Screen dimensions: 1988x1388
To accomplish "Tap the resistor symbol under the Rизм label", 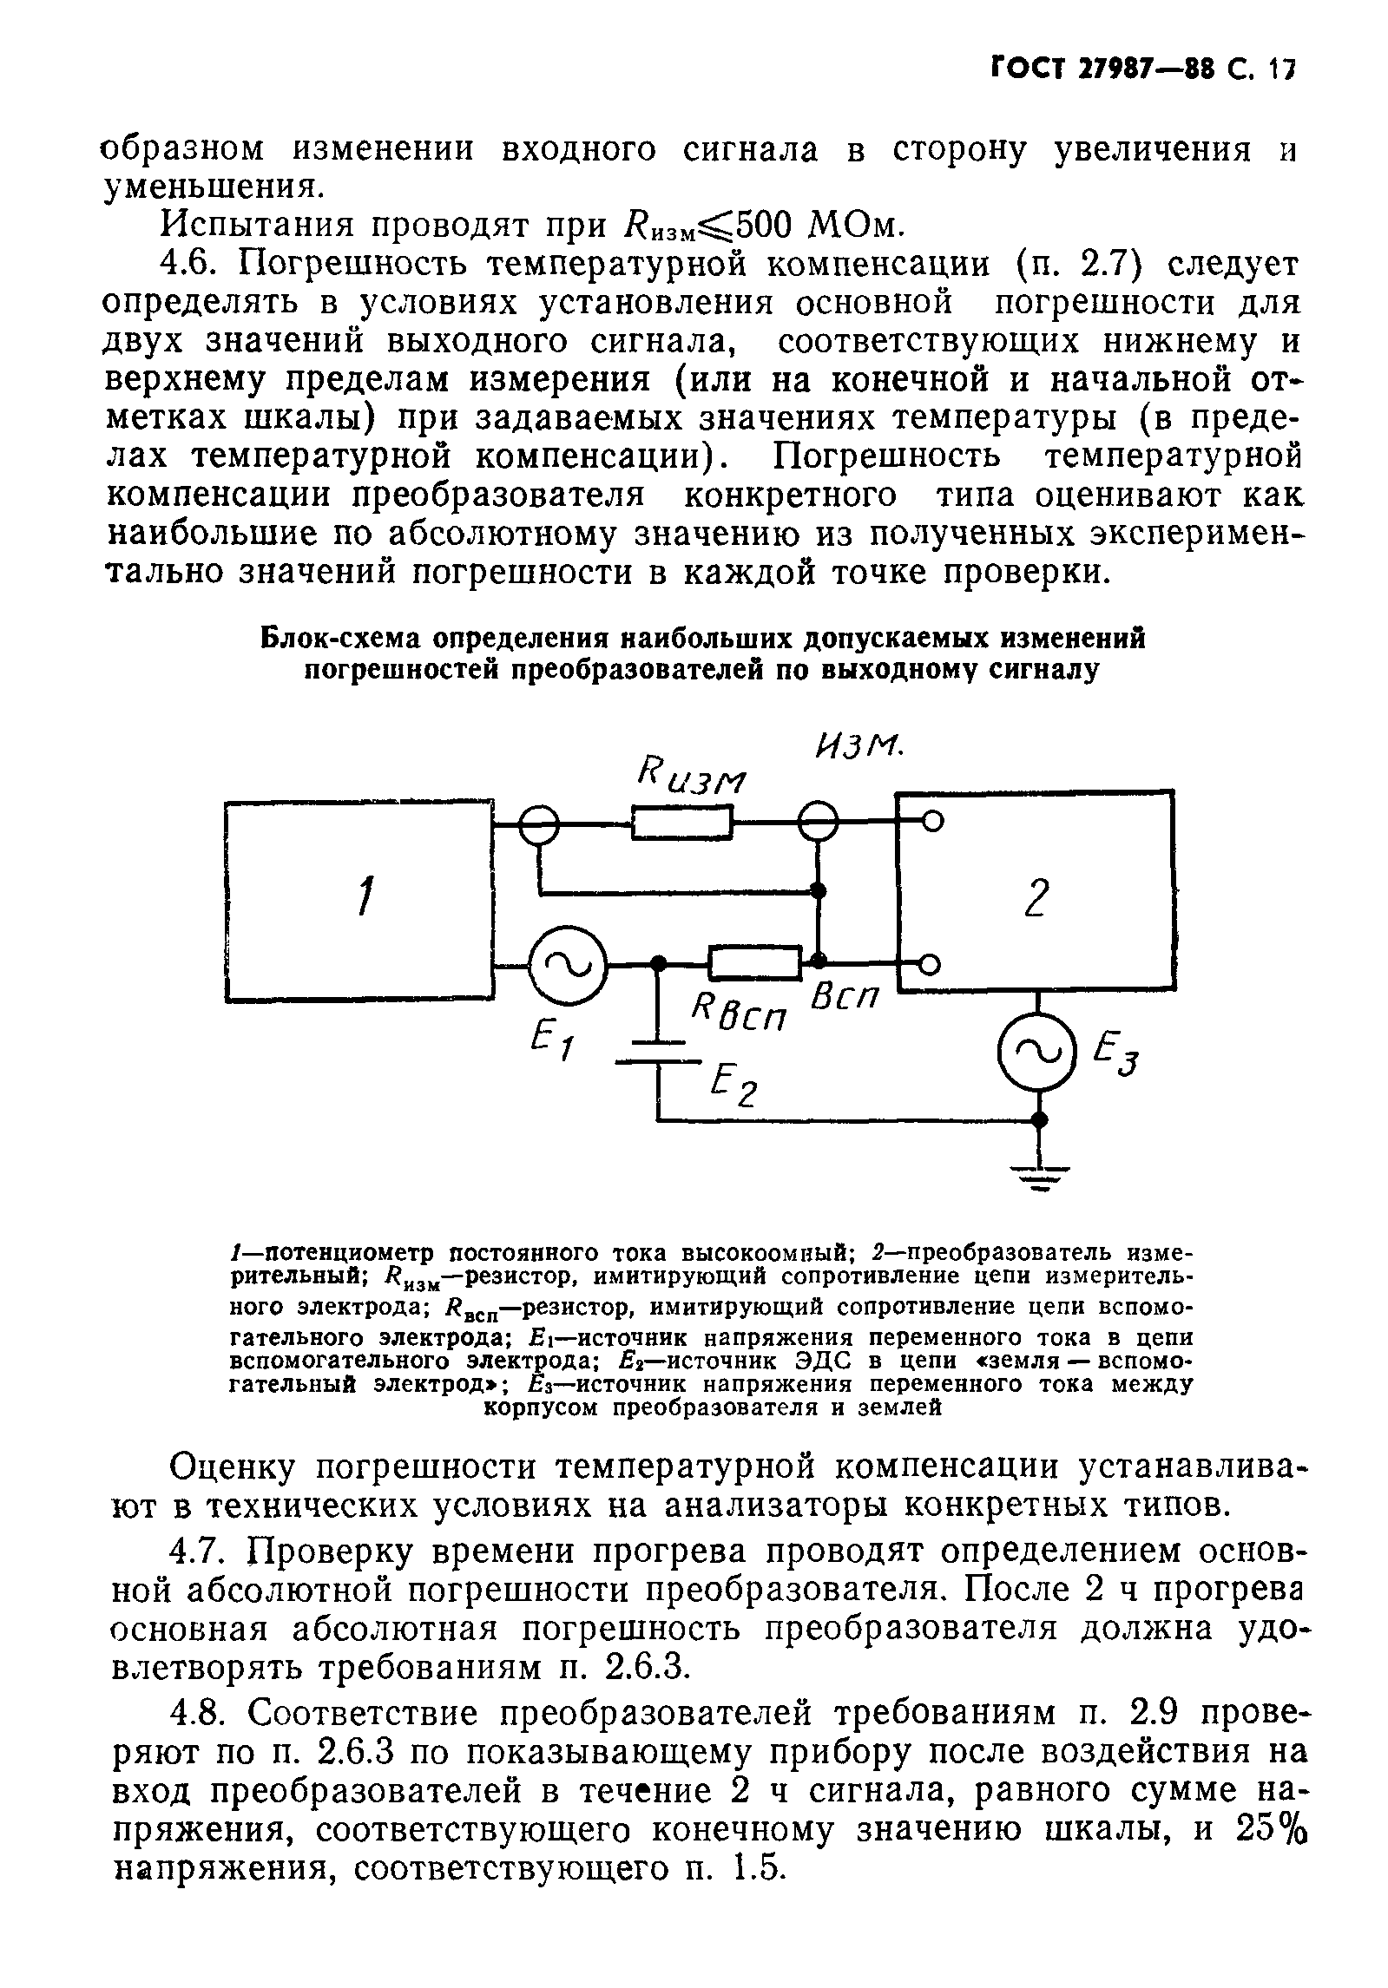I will [682, 823].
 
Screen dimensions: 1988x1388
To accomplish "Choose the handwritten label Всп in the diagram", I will [843, 1007].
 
